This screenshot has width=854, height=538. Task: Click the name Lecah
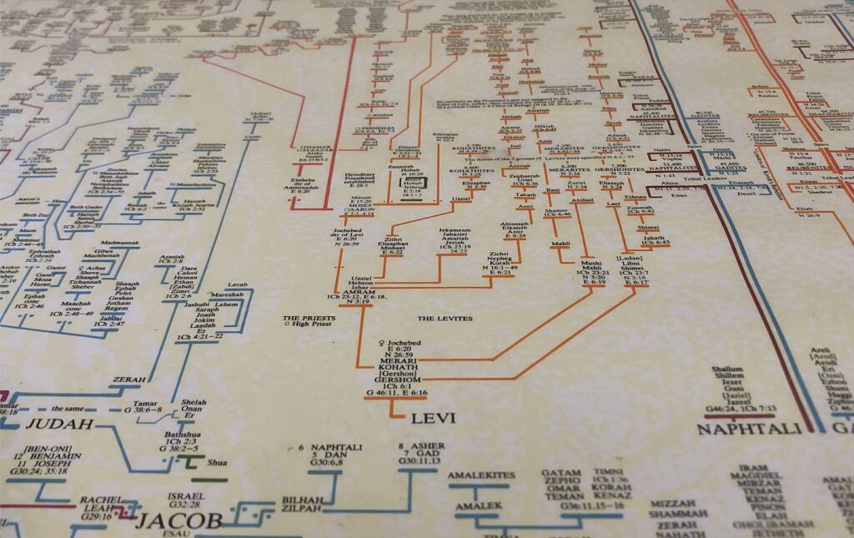239,284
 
